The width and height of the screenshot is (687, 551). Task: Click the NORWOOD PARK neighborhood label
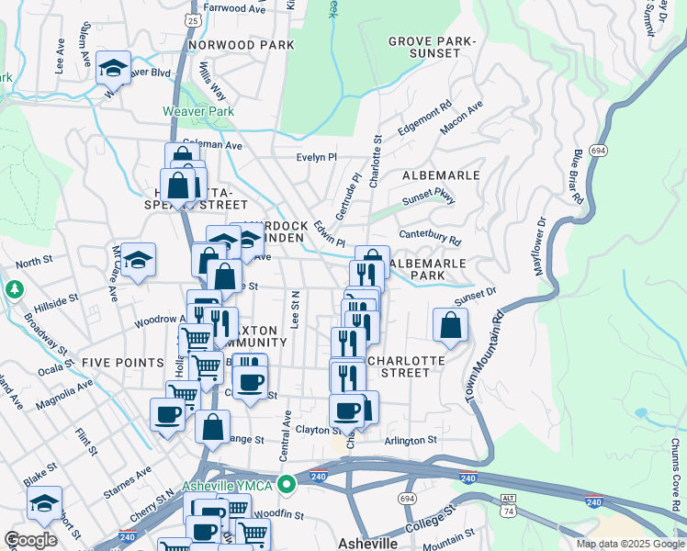coord(241,44)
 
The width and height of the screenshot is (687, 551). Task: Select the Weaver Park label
coord(194,110)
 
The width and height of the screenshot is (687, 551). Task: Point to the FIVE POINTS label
coord(122,363)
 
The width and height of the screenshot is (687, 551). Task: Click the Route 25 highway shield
coord(190,18)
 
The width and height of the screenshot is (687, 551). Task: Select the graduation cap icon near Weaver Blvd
coord(114,69)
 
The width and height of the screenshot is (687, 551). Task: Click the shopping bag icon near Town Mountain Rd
coord(450,325)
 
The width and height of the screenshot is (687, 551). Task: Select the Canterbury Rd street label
coord(429,236)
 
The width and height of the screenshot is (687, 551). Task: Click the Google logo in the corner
coord(31,540)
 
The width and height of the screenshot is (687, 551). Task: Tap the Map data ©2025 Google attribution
coord(629,544)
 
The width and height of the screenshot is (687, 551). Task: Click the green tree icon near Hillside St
coord(14,289)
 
